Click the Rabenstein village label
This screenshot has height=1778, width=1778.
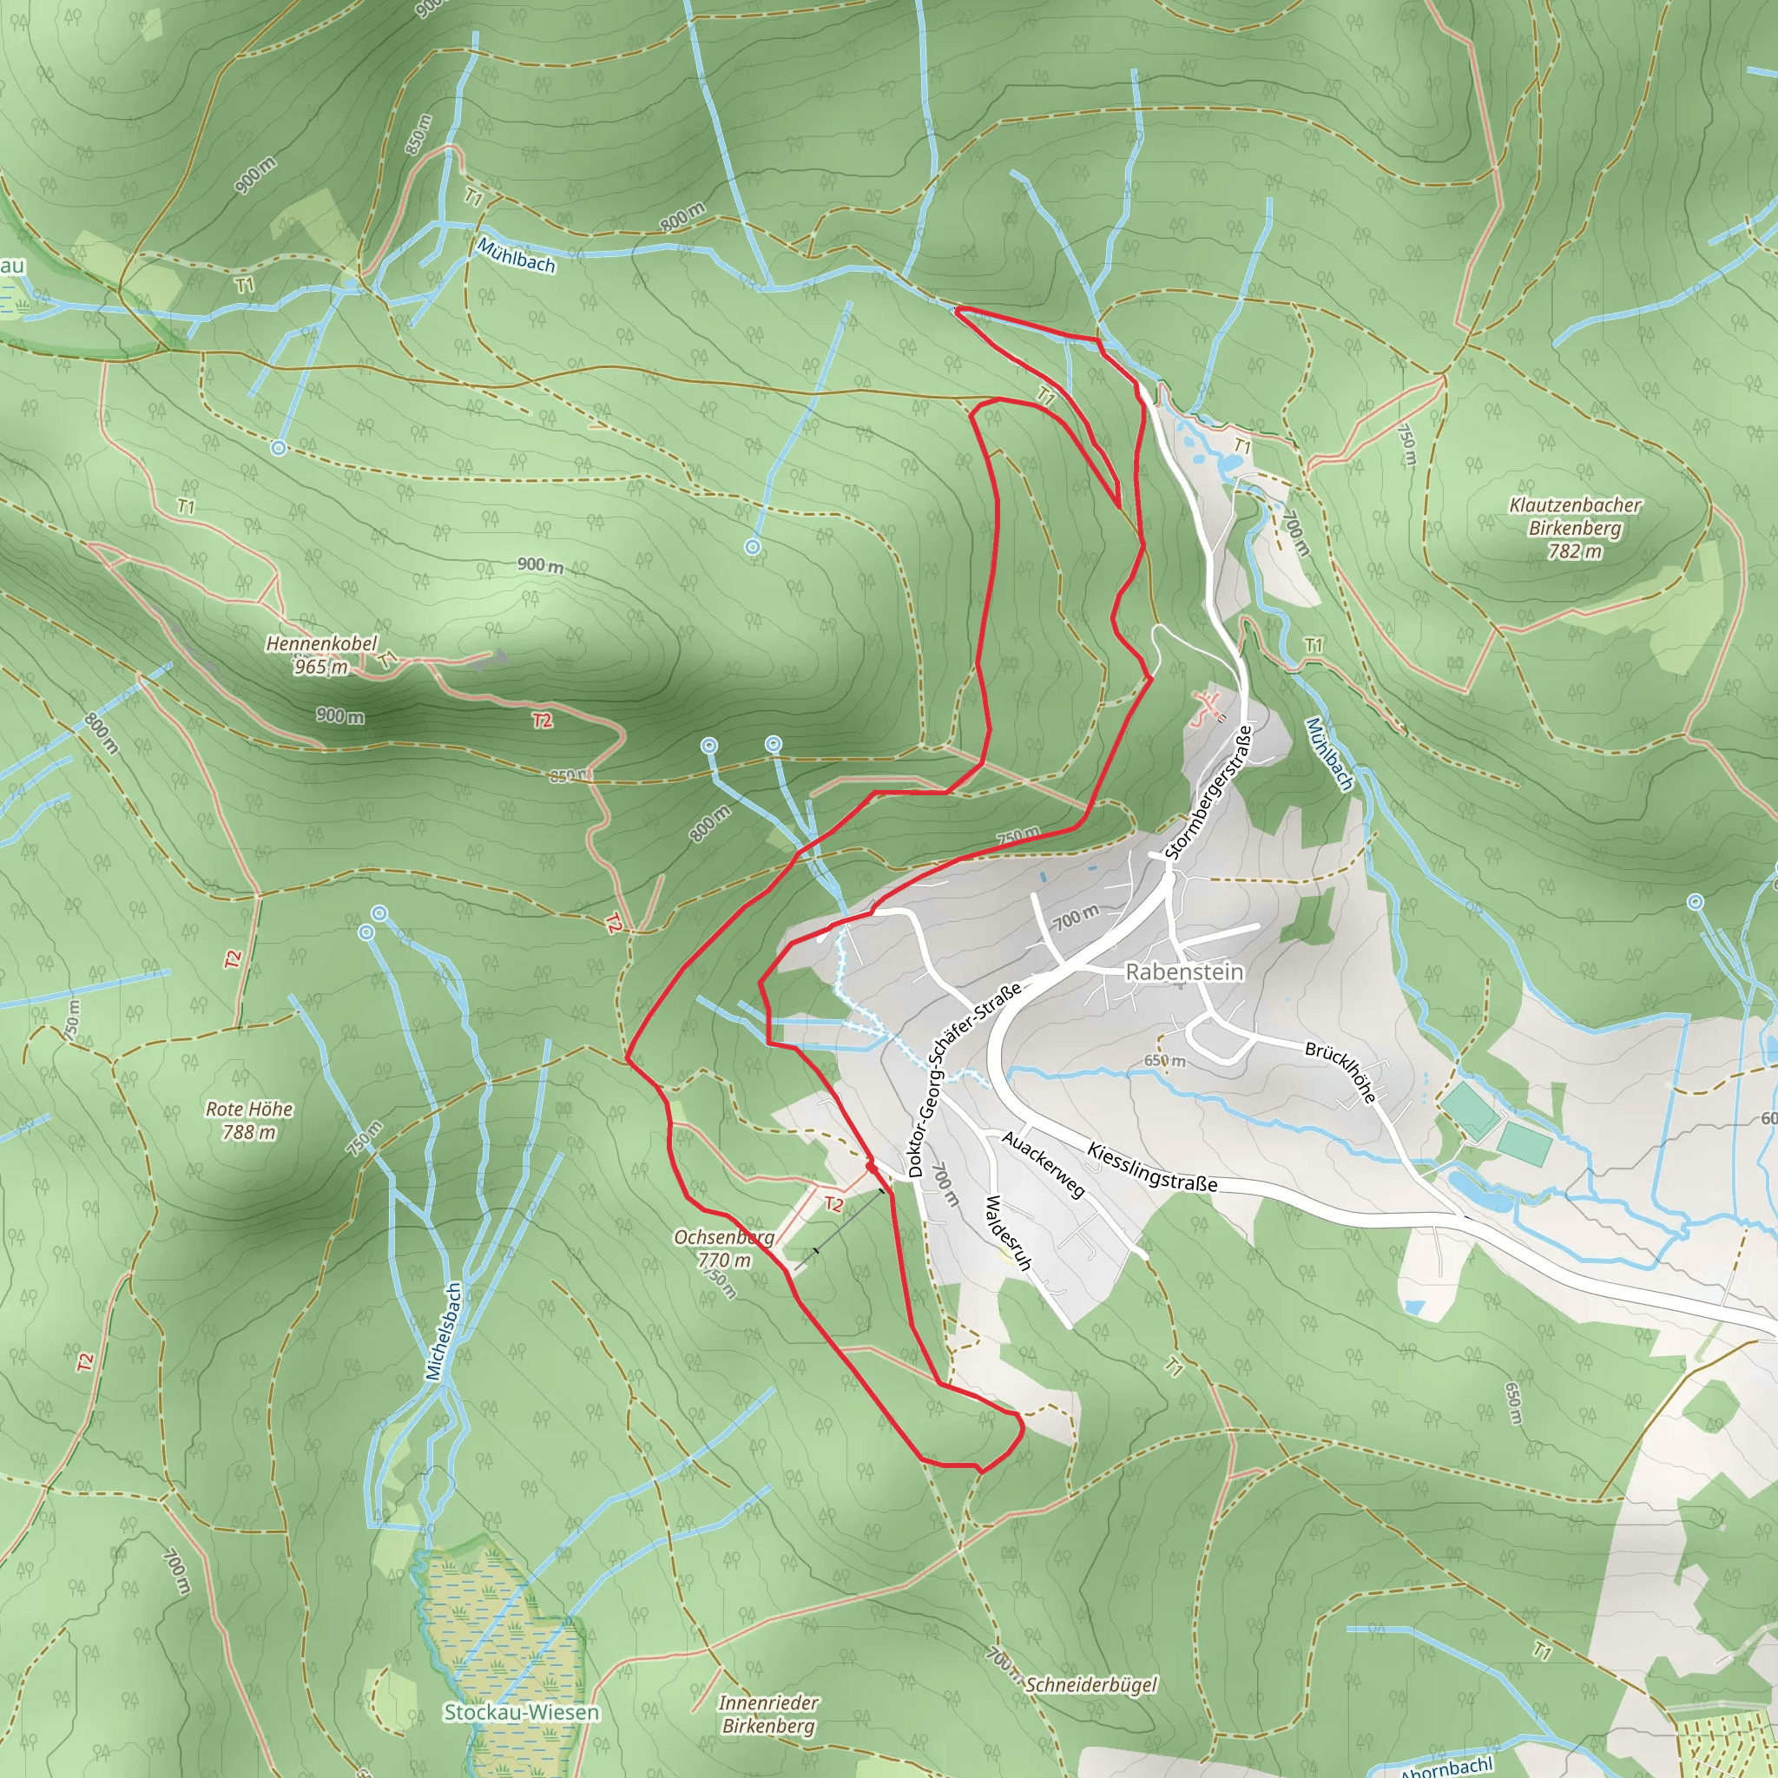point(1183,971)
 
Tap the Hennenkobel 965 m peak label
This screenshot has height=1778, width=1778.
point(321,655)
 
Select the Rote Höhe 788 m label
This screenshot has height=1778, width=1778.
point(249,1120)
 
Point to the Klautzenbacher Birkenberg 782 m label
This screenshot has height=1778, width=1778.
point(1575,527)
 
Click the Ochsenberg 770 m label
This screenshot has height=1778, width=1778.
point(724,1248)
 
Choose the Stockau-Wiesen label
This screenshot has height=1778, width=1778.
point(521,1713)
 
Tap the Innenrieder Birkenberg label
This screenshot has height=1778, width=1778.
point(768,1715)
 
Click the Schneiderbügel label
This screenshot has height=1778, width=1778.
point(1090,1685)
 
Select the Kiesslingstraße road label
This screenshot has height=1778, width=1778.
point(1152,1167)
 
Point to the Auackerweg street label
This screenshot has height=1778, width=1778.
point(1044,1165)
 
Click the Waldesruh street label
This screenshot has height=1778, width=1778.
point(1009,1233)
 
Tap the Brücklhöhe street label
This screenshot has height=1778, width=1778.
point(1340,1073)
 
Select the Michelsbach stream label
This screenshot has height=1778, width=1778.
point(443,1332)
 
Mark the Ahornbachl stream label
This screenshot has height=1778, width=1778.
point(1445,1767)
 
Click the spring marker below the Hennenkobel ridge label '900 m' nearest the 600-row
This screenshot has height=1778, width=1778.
point(753,547)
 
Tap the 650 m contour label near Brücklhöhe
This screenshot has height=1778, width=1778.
point(1164,1061)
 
